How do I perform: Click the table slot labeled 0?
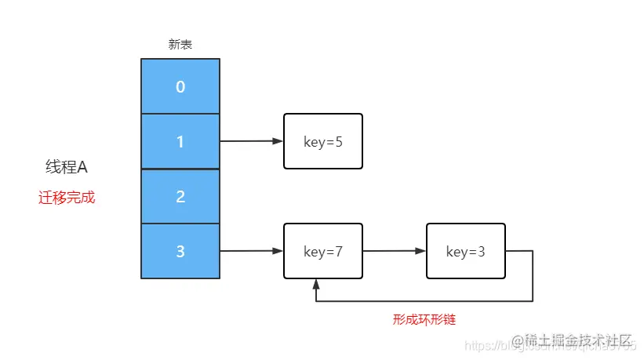[180, 86]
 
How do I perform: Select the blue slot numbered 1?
[180, 141]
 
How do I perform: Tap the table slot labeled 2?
[180, 196]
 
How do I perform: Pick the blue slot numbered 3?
[180, 251]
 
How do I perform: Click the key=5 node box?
[322, 141]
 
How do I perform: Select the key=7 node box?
[322, 251]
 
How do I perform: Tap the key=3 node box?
[465, 251]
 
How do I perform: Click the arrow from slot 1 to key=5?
[251, 141]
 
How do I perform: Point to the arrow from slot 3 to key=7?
[251, 251]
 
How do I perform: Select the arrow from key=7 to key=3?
[394, 251]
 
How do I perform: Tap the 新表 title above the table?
[180, 45]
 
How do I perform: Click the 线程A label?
[67, 167]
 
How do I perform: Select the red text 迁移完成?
[67, 198]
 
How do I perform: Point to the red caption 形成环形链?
[424, 319]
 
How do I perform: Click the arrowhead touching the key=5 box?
[278, 141]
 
